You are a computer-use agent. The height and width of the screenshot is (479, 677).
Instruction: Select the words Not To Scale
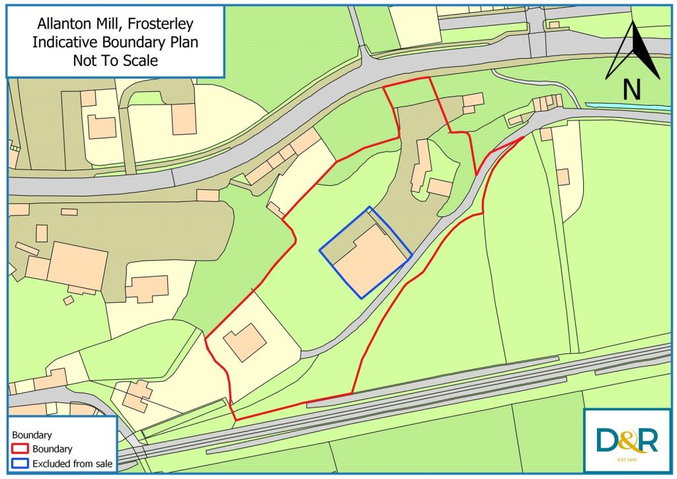pyautogui.click(x=116, y=60)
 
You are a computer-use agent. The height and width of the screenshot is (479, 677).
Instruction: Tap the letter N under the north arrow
pyautogui.click(x=632, y=89)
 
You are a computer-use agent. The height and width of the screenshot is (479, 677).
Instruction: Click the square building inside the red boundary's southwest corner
pyautogui.click(x=245, y=341)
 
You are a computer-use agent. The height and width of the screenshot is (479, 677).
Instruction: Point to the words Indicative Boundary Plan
pyautogui.click(x=116, y=43)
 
